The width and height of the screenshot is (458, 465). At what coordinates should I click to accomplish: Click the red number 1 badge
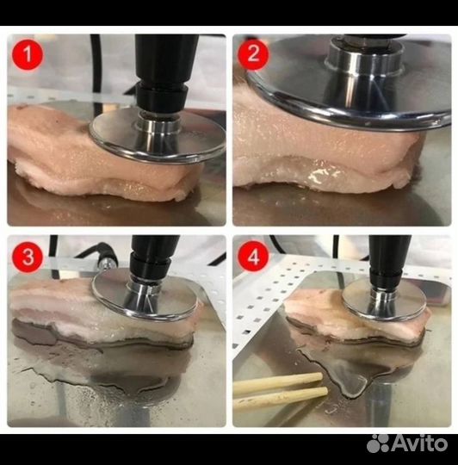28,54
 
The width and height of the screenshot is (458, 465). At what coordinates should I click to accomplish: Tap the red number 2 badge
253,55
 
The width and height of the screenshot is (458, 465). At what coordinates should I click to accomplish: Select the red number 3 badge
28,257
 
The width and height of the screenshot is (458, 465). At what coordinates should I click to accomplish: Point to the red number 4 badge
253,257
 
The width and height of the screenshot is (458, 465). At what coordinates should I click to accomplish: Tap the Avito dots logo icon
378,443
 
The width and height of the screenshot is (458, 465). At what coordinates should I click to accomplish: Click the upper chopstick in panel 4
278,383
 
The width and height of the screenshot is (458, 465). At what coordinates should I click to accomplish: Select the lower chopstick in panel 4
281,399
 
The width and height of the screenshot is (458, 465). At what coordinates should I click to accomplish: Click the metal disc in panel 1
157,135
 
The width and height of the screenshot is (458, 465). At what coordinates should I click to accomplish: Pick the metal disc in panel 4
385,300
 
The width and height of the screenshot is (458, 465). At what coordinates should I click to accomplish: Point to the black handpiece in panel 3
154,256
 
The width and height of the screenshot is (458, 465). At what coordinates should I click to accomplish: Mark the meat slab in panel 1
98,154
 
